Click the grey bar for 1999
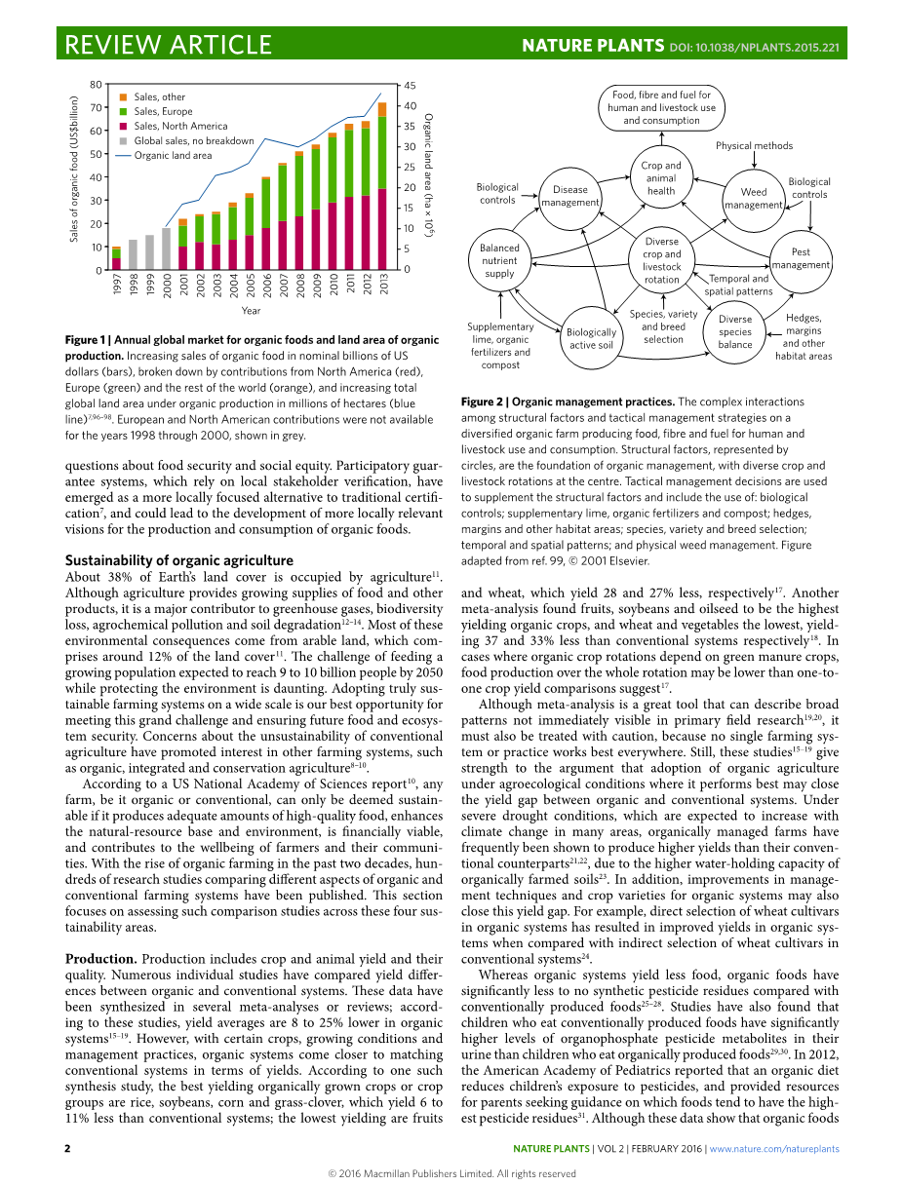[x=149, y=252]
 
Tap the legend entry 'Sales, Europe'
[x=163, y=112]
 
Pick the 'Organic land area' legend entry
[x=172, y=155]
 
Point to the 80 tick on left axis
[x=96, y=85]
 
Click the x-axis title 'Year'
[x=251, y=311]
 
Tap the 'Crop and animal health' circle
[x=660, y=178]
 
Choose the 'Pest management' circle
[x=801, y=258]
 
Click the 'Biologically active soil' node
[x=591, y=338]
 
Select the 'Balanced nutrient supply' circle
[x=499, y=261]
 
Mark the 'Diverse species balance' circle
[x=735, y=331]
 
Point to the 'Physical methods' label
[x=754, y=146]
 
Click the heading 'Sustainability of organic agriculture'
[x=178, y=560]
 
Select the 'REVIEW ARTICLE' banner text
[x=168, y=45]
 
